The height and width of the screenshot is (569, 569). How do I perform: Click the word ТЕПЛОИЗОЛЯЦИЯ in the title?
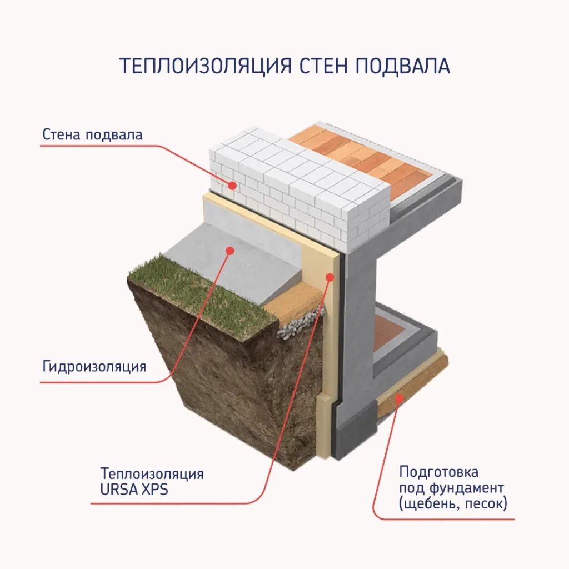coord(205,66)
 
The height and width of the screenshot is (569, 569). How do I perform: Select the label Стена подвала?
coord(92,134)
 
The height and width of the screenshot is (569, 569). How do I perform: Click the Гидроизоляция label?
coord(94,366)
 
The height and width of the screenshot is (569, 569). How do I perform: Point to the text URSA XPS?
coord(134,491)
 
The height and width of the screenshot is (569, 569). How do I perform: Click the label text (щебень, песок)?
coord(452,504)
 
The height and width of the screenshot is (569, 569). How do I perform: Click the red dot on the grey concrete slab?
coord(228,251)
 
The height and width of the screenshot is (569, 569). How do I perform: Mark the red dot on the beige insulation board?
coord(330,276)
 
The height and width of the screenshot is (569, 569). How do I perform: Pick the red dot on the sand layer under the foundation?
coord(400,398)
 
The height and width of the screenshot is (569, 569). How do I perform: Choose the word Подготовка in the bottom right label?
coord(438,472)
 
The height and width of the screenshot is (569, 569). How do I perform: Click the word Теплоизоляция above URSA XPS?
coord(152,474)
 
